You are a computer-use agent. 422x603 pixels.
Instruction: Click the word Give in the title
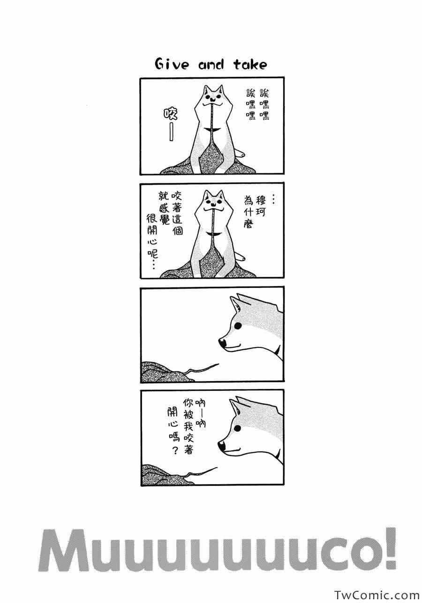tap(171, 65)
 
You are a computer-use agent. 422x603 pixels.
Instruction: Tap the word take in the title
tap(250, 65)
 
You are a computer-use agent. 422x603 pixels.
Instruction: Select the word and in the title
tap(211, 65)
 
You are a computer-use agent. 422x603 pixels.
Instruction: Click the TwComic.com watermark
tap(376, 595)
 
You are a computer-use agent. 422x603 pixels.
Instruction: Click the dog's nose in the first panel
tap(213, 99)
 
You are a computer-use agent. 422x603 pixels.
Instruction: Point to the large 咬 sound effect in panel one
tap(170, 114)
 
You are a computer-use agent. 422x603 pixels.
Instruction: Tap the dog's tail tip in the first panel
tap(242, 154)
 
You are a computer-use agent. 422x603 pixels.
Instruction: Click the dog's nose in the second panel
tap(213, 204)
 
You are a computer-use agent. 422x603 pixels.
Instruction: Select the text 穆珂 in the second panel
tap(261, 206)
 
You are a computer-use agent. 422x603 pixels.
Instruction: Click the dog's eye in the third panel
tap(238, 326)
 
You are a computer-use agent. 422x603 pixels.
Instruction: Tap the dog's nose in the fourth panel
tap(222, 446)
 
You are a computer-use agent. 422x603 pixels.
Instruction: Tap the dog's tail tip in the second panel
tap(242, 258)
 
